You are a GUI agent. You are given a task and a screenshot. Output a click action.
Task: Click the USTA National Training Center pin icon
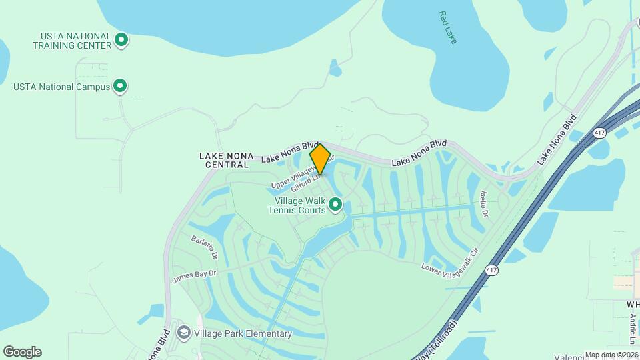point(121,40)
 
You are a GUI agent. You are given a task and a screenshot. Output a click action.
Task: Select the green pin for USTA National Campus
point(120,86)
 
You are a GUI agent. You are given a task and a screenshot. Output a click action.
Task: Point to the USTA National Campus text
point(61,87)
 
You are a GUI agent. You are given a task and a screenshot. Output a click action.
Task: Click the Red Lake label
point(449,27)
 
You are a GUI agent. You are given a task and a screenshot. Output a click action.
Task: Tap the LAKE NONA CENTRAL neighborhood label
point(227,160)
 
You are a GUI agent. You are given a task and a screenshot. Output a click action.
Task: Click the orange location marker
point(320,159)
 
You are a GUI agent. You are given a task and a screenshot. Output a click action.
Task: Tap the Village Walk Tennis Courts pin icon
point(335,204)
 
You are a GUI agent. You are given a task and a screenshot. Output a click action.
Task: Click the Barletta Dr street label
point(204,246)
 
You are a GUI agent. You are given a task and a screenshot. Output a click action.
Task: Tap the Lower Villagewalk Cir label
point(450,261)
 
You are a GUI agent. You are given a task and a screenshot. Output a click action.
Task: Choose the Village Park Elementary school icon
point(183,332)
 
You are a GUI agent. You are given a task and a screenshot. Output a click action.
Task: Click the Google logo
point(22,352)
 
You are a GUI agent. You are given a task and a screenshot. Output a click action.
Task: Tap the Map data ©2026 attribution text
point(611,355)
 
